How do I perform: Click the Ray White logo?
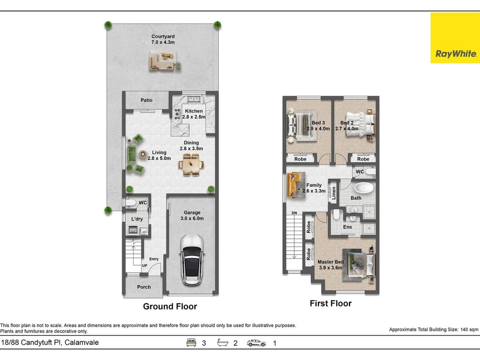[x=455, y=38]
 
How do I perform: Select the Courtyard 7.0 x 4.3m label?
[x=163, y=39]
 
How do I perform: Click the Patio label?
[x=146, y=100]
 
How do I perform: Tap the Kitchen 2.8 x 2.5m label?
[x=194, y=114]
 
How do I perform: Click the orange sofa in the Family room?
[x=295, y=184]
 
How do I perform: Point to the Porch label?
[x=144, y=287]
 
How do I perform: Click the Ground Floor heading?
[x=170, y=306]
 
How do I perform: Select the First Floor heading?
[x=330, y=303]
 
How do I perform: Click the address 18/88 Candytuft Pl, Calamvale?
[x=50, y=342]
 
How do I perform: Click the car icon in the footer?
[x=257, y=342]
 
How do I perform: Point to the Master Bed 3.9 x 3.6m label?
[x=330, y=265]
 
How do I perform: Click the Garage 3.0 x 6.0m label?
[x=192, y=216]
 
